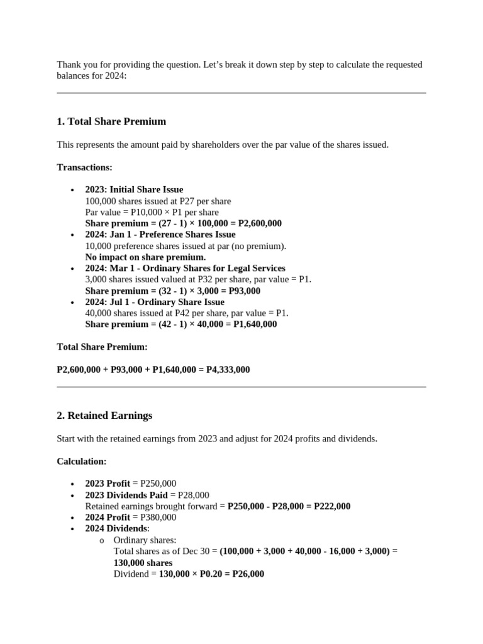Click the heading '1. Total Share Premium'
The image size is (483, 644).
(x=111, y=121)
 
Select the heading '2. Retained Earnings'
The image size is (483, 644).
(x=104, y=416)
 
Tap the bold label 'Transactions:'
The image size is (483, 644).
(x=84, y=167)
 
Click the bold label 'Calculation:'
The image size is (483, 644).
(x=81, y=462)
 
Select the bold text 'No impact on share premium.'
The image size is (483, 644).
(x=145, y=257)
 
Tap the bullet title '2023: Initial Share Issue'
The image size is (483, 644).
(x=134, y=190)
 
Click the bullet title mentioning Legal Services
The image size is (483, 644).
(x=185, y=269)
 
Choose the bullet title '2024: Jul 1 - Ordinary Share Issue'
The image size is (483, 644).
(x=155, y=303)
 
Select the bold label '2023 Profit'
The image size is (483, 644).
(x=108, y=484)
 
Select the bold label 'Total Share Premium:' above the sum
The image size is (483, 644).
(x=102, y=347)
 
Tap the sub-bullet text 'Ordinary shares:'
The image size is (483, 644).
(x=145, y=540)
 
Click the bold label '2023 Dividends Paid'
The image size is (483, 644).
(x=126, y=495)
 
